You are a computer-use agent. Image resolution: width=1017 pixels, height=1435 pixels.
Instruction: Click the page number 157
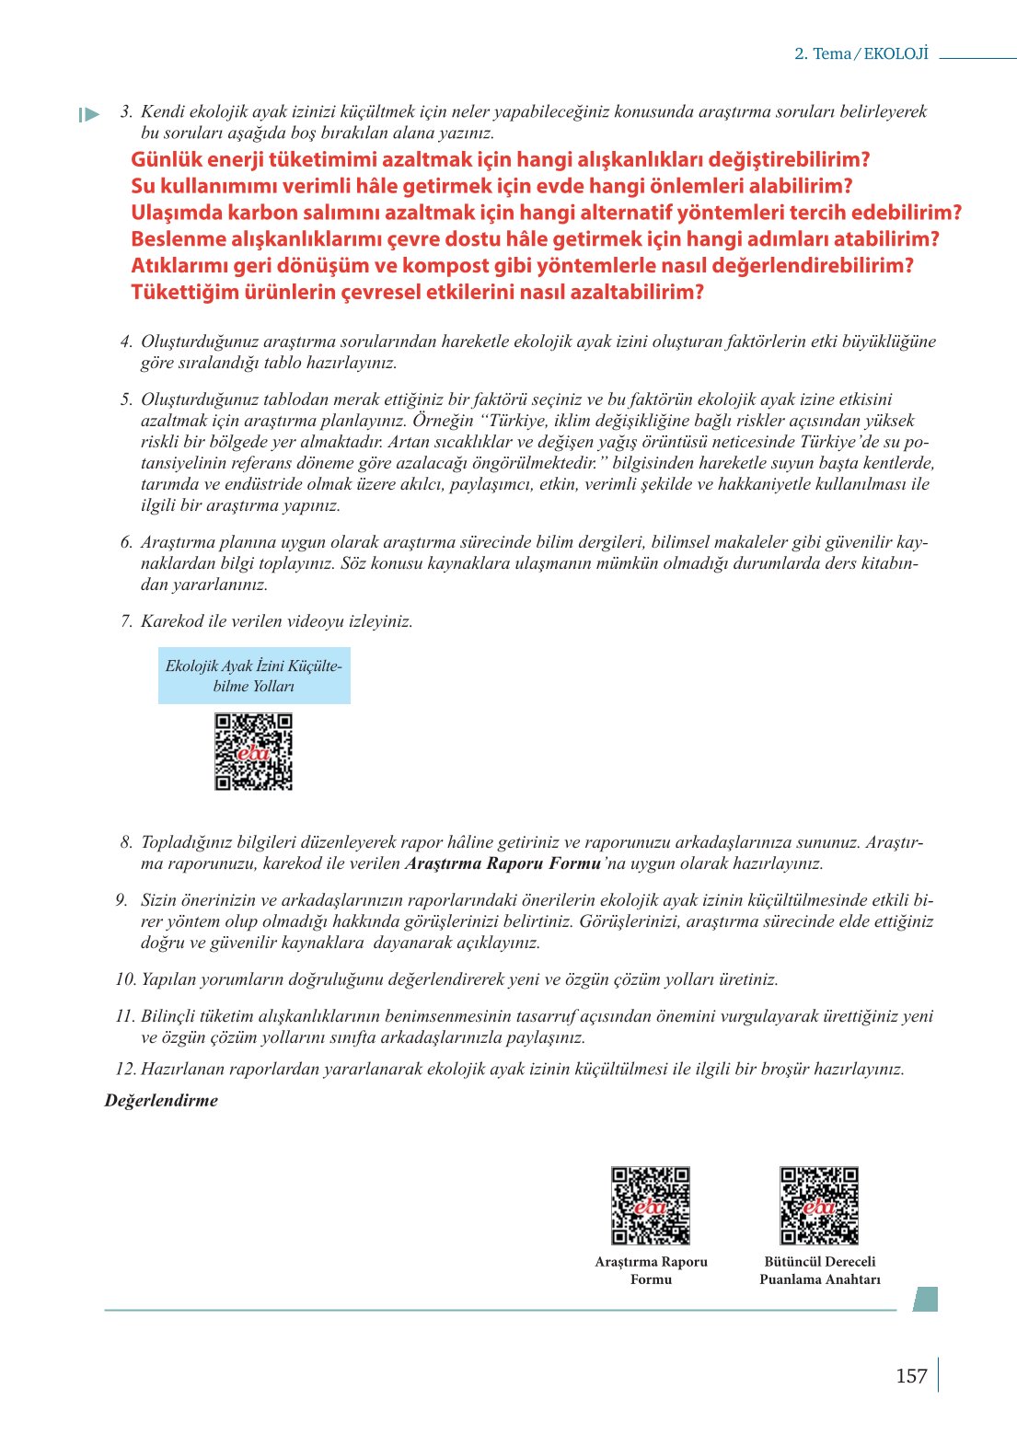[911, 1376]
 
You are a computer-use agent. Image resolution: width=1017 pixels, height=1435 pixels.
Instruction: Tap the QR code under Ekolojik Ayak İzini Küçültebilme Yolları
[254, 752]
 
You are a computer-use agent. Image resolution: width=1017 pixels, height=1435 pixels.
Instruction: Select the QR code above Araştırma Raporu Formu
[651, 1206]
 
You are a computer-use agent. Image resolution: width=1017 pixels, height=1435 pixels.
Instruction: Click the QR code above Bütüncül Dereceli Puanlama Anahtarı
[819, 1206]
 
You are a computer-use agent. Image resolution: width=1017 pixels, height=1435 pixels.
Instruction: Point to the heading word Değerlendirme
[161, 1101]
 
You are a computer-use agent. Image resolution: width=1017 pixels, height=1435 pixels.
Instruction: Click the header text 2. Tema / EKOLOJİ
[861, 53]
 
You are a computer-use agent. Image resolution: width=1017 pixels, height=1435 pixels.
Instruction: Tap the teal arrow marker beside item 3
[89, 115]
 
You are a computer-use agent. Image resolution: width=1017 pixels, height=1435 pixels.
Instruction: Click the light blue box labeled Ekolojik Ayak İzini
[254, 676]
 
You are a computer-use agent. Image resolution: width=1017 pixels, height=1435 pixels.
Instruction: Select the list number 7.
[126, 621]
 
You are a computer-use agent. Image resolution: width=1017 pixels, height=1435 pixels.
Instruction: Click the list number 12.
[125, 1070]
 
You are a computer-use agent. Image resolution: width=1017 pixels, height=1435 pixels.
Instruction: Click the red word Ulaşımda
[177, 214]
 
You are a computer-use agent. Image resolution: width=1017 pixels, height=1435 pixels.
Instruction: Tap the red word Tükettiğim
[183, 293]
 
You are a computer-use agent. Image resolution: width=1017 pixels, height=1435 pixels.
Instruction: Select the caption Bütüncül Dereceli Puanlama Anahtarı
[819, 1270]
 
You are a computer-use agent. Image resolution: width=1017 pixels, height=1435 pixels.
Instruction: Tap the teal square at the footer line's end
[925, 1299]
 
